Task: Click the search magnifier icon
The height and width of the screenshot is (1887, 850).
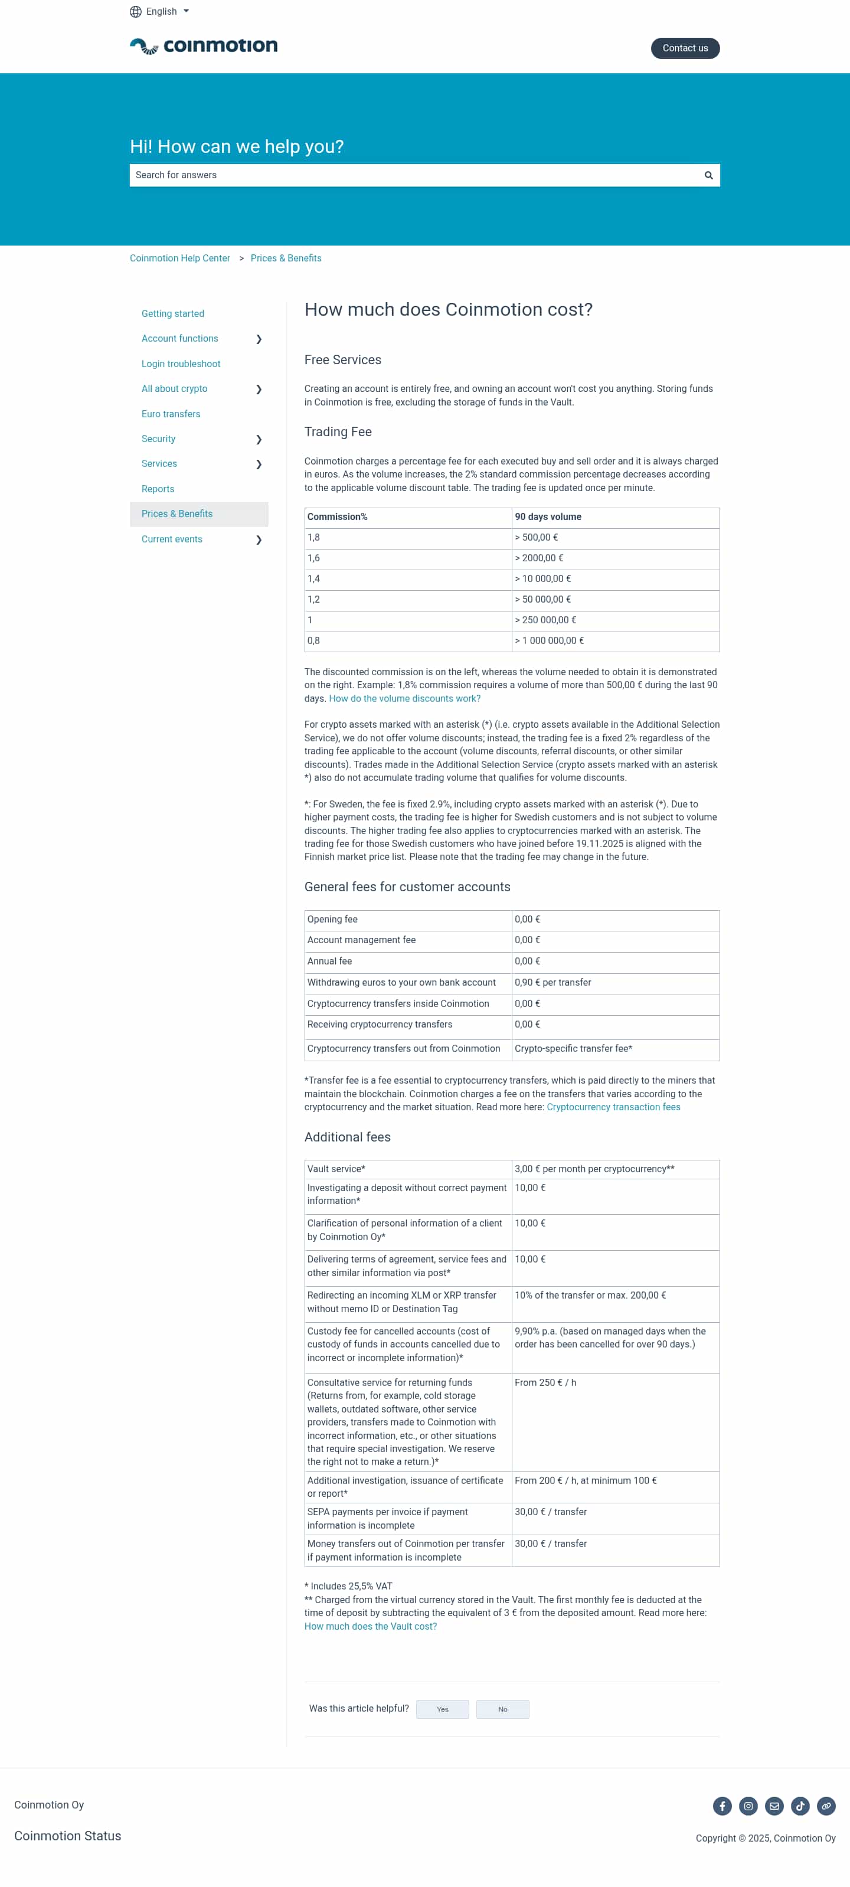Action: pos(708,175)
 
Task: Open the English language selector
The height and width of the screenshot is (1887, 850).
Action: pos(160,12)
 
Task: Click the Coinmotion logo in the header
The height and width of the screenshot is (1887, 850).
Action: pos(204,46)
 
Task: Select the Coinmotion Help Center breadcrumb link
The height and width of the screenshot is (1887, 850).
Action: pos(179,259)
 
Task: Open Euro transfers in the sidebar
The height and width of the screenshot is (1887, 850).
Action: pos(171,414)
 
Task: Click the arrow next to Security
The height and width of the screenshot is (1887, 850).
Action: pos(259,440)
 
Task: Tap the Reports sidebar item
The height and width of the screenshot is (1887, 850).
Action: pos(158,489)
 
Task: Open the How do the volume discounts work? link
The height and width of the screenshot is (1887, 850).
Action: pos(404,699)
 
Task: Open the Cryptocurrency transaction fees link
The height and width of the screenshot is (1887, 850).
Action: pos(613,1107)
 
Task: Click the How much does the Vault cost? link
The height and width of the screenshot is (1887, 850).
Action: pos(370,1627)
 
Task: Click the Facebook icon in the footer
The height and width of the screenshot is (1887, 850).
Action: pos(722,1806)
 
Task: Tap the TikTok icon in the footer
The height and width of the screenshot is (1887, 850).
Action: pos(799,1806)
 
